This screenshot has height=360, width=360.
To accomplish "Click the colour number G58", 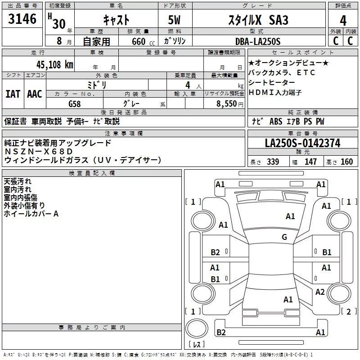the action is pyautogui.click(x=75, y=103).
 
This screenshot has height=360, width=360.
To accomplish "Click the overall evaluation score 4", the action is pyautogui.click(x=343, y=20).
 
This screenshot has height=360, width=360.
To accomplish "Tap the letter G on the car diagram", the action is pyautogui.click(x=284, y=237).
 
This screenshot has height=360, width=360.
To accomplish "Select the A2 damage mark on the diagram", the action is pyautogui.click(x=320, y=292).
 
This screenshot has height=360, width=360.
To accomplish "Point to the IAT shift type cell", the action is pyautogui.click(x=13, y=94).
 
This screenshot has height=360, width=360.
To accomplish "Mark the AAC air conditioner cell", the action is pyautogui.click(x=35, y=94).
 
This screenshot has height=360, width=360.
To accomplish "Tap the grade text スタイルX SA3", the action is pyautogui.click(x=259, y=20).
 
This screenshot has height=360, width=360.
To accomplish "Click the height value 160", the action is pyautogui.click(x=347, y=162).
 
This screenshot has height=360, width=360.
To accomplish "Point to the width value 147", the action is pyautogui.click(x=310, y=162).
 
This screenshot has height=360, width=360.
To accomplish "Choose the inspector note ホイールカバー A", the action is pyautogui.click(x=31, y=214).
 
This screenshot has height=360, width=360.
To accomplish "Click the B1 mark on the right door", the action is pyautogui.click(x=327, y=252).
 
